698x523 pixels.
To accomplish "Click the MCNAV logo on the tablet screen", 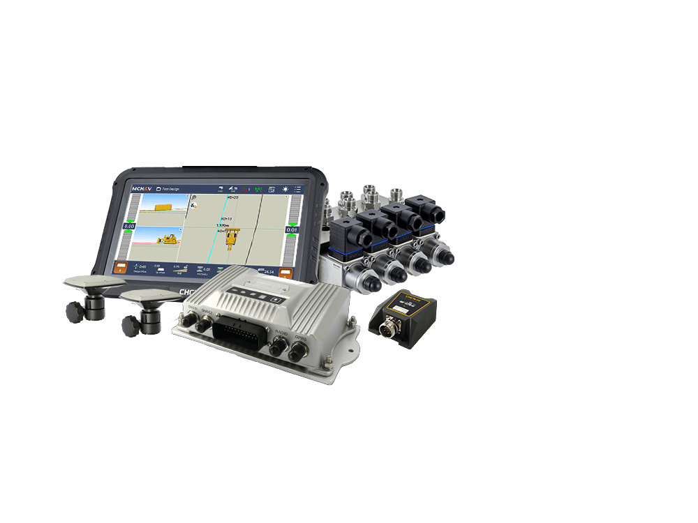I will click(142, 189).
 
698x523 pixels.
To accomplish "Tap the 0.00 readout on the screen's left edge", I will click(129, 227).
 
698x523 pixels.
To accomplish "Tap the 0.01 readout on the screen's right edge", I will click(291, 230).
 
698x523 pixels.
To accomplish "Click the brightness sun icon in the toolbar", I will click(285, 190).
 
